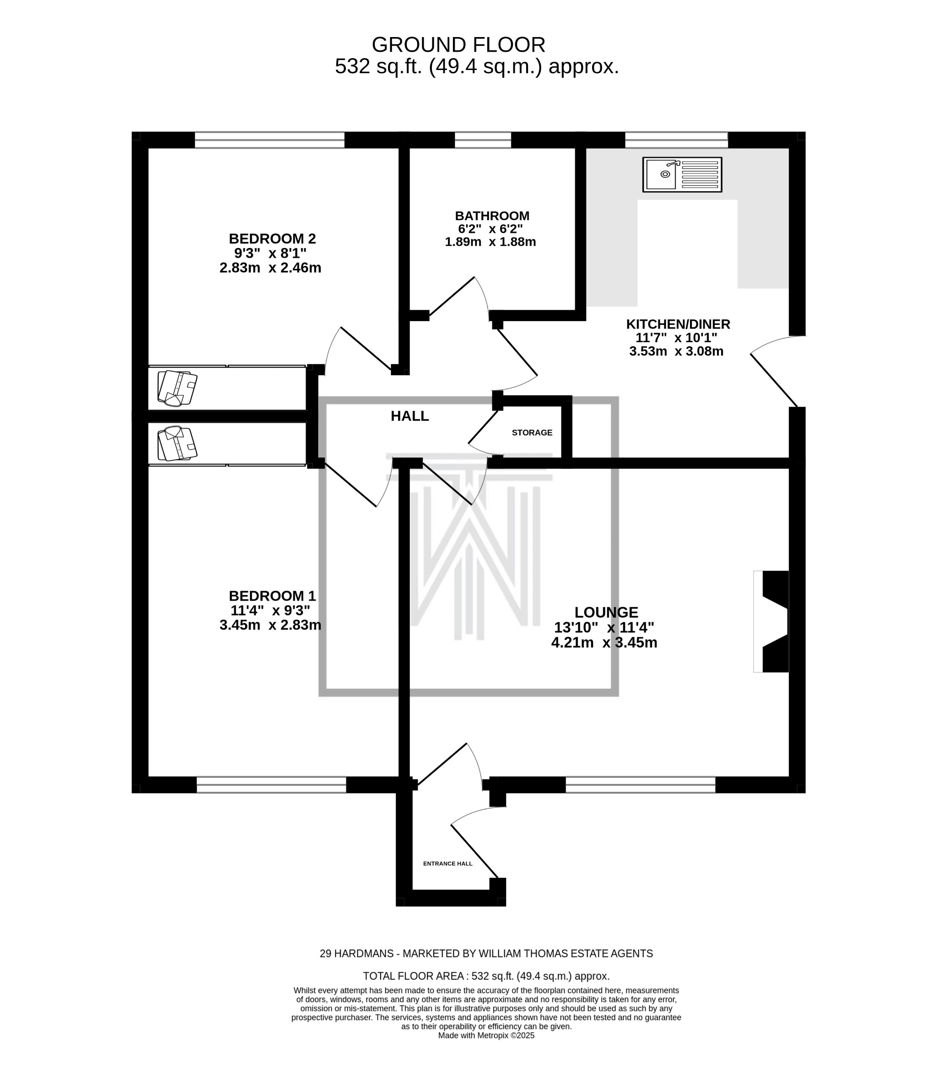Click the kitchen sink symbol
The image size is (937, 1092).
click(x=682, y=174)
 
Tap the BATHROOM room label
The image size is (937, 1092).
click(x=492, y=215)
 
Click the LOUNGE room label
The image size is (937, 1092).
click(x=606, y=613)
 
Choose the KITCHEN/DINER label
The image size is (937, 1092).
click(x=678, y=324)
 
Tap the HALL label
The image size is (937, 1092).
click(x=409, y=416)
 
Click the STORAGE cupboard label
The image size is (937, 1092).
click(x=532, y=433)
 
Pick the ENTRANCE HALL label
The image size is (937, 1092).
click(x=447, y=864)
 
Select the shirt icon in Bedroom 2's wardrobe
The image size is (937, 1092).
click(x=177, y=388)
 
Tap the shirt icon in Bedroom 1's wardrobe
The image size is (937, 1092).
click(x=177, y=443)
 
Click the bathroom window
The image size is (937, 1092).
click(x=483, y=140)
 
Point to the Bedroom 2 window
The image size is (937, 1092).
click(x=269, y=140)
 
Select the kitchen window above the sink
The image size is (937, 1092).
click(x=676, y=140)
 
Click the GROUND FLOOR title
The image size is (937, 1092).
click(x=458, y=45)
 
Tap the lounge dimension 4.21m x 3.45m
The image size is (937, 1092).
click(x=604, y=642)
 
